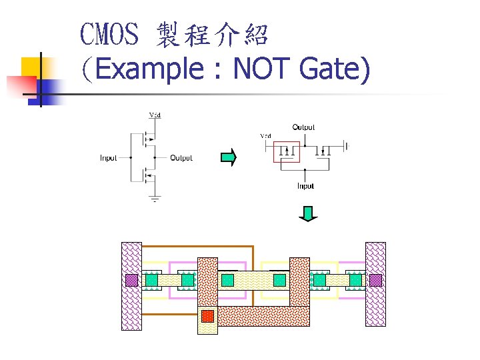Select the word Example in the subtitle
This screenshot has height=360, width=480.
(149, 69)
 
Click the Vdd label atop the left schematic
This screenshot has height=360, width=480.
(154, 115)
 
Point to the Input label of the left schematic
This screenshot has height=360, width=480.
(109, 158)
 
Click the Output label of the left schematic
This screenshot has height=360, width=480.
(181, 158)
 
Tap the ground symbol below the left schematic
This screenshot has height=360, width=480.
(154, 199)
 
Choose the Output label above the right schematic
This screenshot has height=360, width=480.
(303, 127)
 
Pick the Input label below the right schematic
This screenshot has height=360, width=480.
(305, 186)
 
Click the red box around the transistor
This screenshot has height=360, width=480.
(287, 152)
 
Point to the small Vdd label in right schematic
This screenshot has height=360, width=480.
(265, 136)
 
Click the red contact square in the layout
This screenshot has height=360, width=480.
(207, 315)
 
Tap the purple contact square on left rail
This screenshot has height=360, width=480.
(131, 280)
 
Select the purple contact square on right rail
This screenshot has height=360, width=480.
(375, 280)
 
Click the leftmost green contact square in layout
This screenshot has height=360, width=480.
(151, 280)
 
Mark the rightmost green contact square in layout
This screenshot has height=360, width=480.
(355, 280)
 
